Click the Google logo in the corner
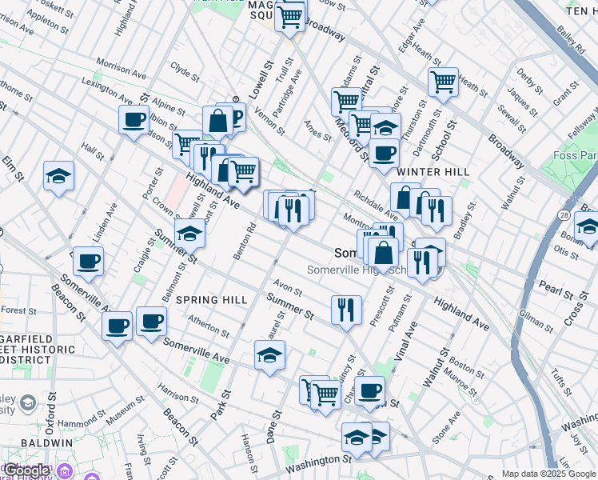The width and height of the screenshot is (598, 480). click(26, 470)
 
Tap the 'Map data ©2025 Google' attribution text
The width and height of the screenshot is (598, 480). click(548, 474)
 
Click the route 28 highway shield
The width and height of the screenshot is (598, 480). click(564, 216)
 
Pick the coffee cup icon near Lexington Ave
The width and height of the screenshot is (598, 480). click(134, 121)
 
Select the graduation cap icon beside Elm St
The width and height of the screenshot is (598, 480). click(58, 175)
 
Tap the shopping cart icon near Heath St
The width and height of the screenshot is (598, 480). click(442, 82)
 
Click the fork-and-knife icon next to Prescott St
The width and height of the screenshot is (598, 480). click(345, 308)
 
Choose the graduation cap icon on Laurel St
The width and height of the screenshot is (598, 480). click(269, 354)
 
